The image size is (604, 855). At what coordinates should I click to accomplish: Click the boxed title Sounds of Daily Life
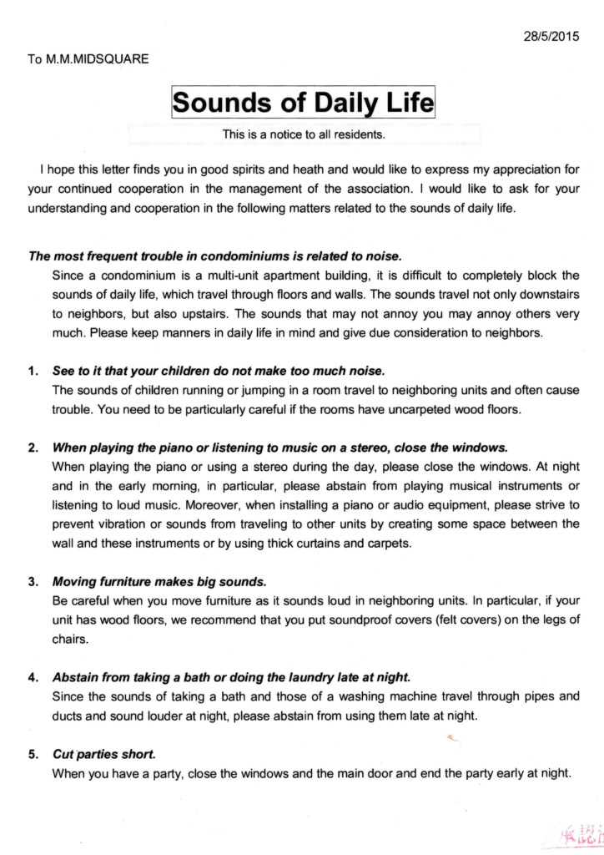(303, 104)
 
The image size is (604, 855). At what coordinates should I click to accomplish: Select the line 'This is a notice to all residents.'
(303, 134)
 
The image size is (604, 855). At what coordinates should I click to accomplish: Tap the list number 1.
(33, 370)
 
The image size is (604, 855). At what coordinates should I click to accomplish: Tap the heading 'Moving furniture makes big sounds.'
(159, 581)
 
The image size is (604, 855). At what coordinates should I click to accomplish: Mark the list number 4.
(33, 676)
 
